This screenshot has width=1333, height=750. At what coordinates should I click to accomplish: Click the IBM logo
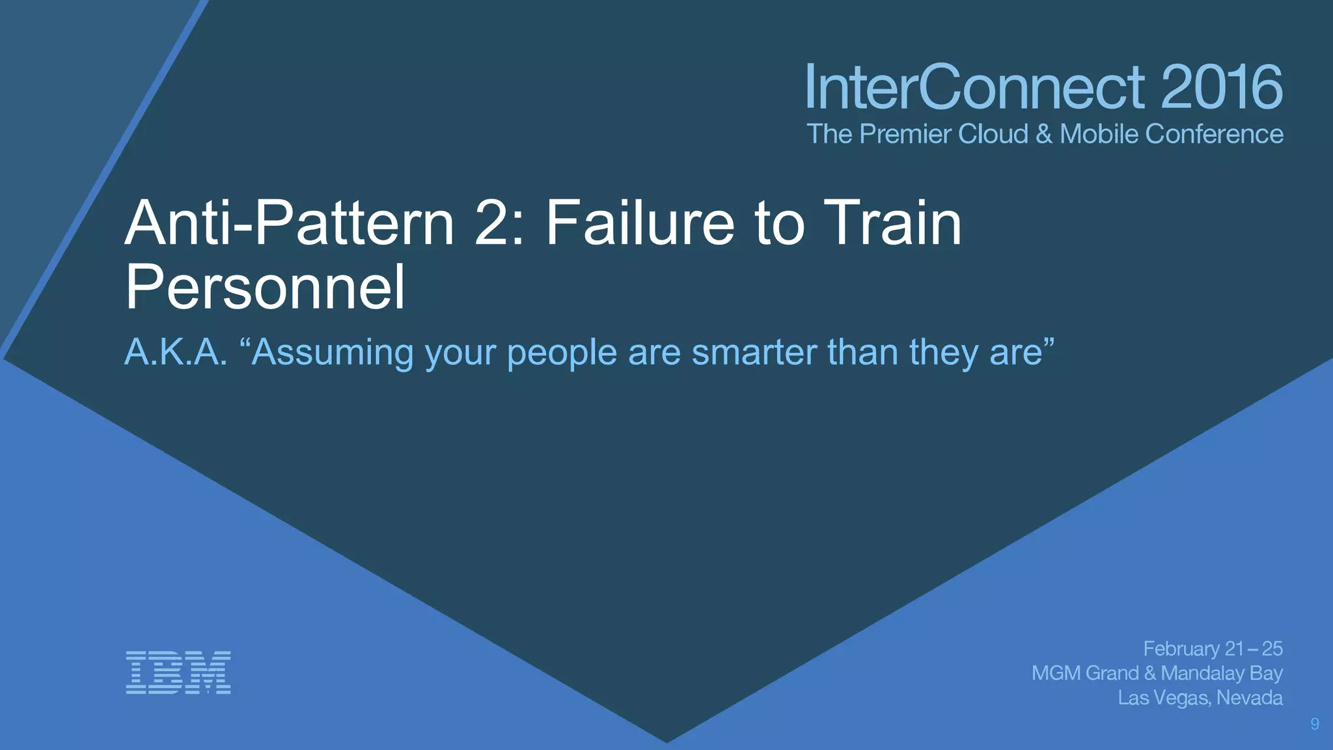pos(178,672)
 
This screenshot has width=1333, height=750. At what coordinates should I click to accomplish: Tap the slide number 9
pos(1314,724)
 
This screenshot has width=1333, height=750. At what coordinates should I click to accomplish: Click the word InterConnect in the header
pos(974,87)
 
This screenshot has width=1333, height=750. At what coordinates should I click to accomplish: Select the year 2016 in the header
pos(1221,87)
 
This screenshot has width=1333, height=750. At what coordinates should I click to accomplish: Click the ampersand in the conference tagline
pos(1043,134)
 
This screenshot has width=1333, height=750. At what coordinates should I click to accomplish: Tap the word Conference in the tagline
pos(1214,134)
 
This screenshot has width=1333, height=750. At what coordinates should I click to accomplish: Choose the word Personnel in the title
pos(265,287)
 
